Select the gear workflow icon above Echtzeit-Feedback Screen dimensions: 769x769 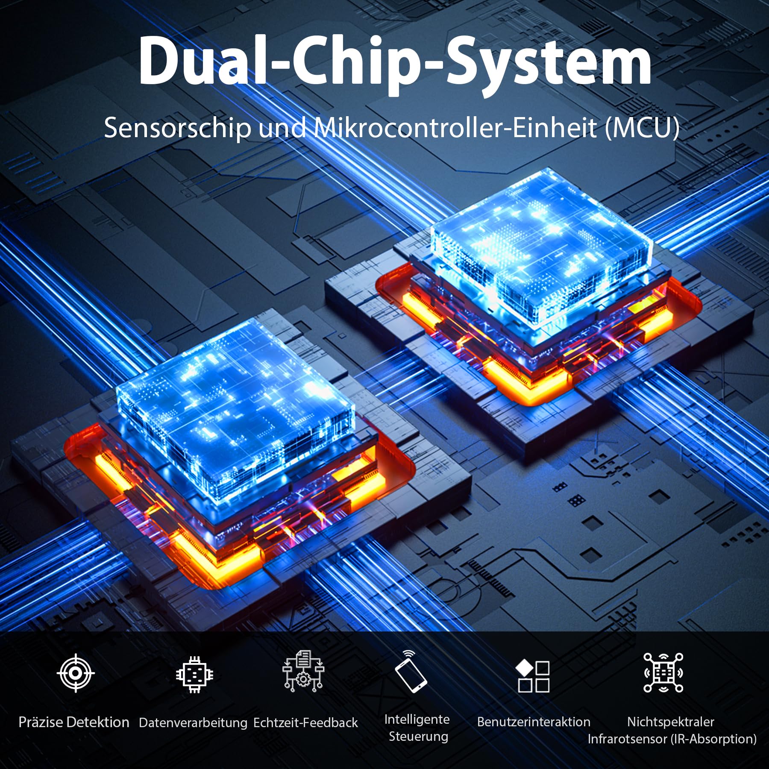coord(303,671)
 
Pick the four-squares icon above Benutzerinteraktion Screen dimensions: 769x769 coord(533,676)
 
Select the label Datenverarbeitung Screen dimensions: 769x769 coord(193,723)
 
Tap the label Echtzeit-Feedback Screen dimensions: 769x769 coord(305,722)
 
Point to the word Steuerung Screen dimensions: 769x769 coord(418,737)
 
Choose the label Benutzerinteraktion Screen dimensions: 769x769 coord(534,722)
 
